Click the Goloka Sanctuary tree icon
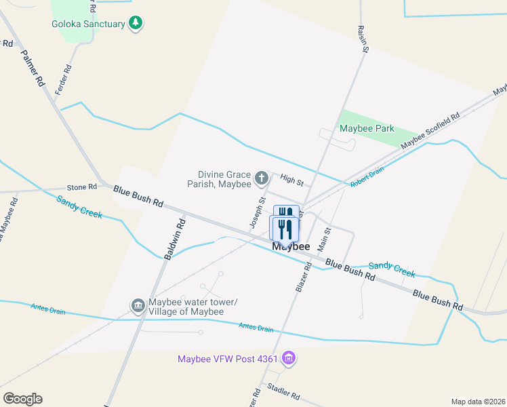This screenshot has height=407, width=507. click(x=136, y=24)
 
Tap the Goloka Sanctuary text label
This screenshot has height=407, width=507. click(x=89, y=24)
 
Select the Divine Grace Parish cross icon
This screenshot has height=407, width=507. click(x=262, y=179)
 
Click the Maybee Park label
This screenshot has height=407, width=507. click(x=367, y=128)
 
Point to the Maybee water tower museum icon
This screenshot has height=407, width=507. click(x=138, y=306)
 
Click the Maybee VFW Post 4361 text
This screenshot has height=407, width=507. click(x=228, y=359)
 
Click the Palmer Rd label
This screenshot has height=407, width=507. click(x=32, y=67)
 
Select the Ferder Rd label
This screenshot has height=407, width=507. click(x=64, y=80)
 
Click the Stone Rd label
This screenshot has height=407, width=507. click(x=82, y=187)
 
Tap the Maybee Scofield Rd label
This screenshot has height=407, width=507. click(x=430, y=131)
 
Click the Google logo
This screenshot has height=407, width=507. click(x=22, y=399)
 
